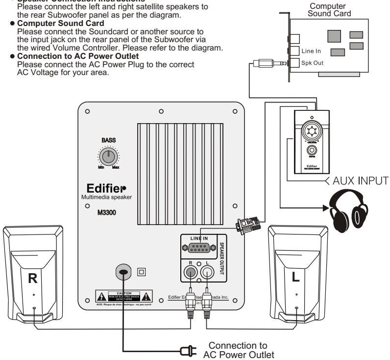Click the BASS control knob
tap(108, 157)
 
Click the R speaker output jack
tap(188, 275)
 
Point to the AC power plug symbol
tap(187, 351)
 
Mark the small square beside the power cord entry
tap(142, 270)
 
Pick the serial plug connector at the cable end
tap(244, 226)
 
